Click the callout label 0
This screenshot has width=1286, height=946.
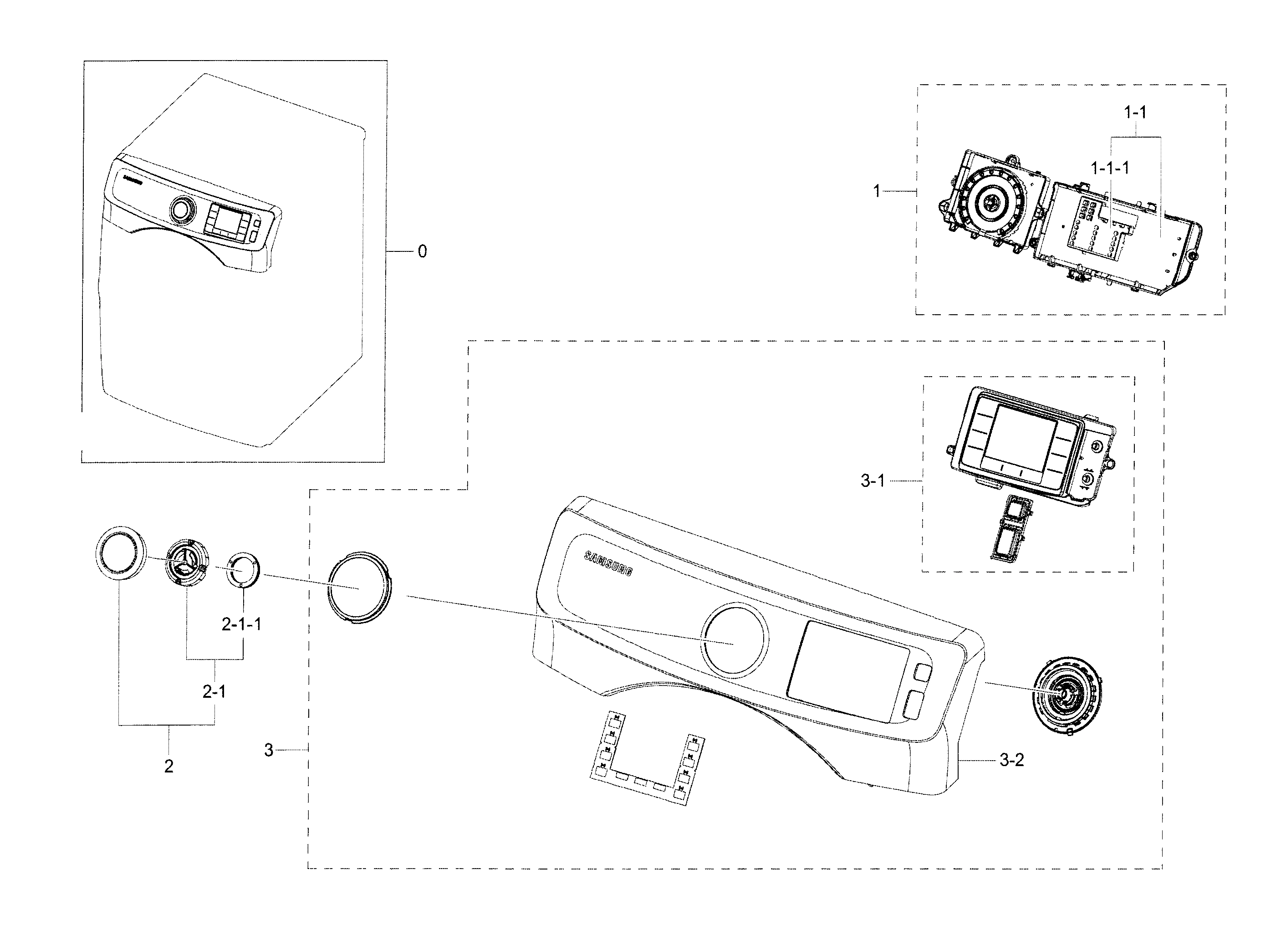422,251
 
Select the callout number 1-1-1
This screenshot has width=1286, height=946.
1110,169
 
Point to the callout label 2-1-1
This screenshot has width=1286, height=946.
242,624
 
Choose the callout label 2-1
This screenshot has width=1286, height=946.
214,692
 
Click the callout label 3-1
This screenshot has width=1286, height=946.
873,481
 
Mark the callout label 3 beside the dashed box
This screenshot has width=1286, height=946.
269,750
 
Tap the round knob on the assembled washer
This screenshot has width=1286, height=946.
181,210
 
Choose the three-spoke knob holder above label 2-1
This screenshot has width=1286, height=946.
187,561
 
